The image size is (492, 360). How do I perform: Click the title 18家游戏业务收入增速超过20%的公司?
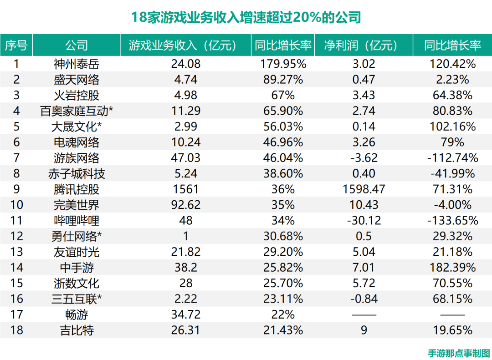(246, 17)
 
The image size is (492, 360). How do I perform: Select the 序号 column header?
(16, 46)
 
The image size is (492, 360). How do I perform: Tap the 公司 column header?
(76, 46)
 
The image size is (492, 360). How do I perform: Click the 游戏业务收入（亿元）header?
(185, 46)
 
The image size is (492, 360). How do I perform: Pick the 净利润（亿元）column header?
(364, 46)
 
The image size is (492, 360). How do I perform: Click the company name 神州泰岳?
(76, 64)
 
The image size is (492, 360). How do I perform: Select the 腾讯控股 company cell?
(76, 189)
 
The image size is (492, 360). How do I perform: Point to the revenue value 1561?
(185, 189)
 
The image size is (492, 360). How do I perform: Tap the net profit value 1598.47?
(364, 189)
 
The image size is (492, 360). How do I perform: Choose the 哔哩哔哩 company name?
(76, 221)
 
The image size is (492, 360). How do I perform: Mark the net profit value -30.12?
(364, 221)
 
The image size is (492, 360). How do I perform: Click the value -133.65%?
(452, 221)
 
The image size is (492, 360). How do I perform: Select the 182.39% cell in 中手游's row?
(452, 268)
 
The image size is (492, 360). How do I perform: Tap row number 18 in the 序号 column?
(16, 330)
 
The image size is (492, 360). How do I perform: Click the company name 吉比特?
(76, 330)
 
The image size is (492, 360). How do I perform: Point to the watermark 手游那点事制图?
(459, 353)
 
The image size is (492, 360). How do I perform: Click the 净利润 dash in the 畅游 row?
(364, 314)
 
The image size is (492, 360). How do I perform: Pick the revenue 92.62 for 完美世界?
(185, 205)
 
